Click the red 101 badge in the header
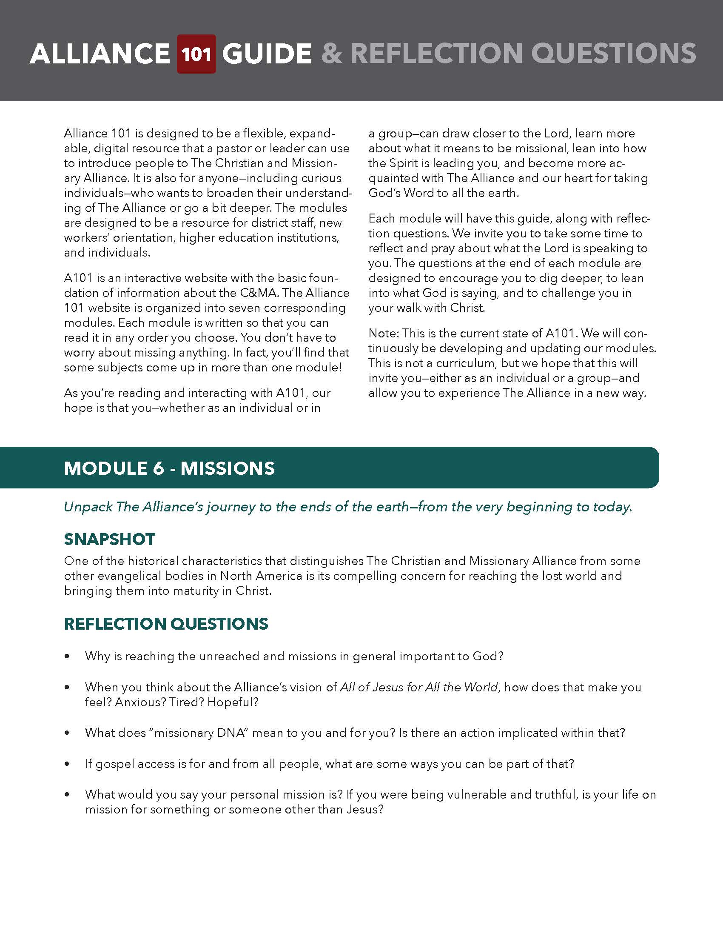[196, 54]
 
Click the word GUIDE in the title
[266, 54]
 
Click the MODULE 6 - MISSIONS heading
[169, 468]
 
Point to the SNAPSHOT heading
[110, 539]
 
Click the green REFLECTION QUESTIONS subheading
[166, 624]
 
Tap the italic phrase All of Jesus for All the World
[418, 687]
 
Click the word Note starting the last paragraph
[383, 333]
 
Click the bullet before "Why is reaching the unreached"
[67, 656]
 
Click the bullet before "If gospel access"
[67, 764]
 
